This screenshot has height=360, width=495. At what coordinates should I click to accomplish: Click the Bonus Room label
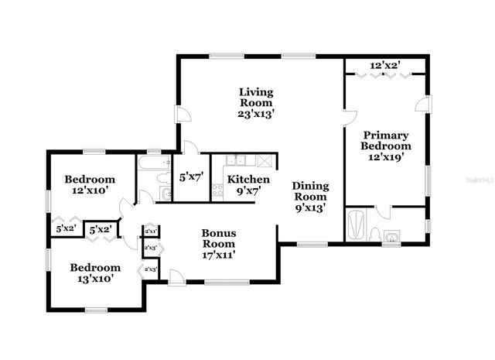click(x=219, y=243)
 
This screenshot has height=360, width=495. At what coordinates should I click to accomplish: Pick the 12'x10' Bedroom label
click(x=89, y=184)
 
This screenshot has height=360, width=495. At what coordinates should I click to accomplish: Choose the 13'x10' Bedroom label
click(x=95, y=273)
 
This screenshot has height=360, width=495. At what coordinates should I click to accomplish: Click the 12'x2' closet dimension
click(x=384, y=66)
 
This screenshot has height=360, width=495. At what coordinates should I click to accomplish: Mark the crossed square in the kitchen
click(x=265, y=161)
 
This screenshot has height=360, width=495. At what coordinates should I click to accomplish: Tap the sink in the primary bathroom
click(x=392, y=237)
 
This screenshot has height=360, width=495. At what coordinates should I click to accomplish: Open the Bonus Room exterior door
click(x=176, y=276)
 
